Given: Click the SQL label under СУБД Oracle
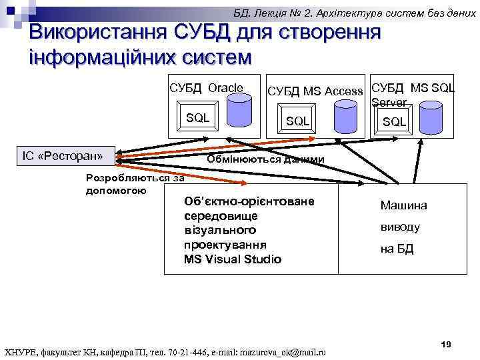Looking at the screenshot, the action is [197, 118].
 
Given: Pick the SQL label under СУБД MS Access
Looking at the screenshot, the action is [297, 121].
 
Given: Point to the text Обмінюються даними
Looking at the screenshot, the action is [266, 159].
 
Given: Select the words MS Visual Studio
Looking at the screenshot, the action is [232, 259].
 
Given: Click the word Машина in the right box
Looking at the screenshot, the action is [403, 206].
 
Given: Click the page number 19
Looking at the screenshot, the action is [446, 344].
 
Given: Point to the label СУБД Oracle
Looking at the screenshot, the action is [206, 88].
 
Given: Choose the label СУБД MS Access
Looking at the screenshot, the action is [315, 91].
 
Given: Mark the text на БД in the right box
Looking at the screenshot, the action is [397, 249].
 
